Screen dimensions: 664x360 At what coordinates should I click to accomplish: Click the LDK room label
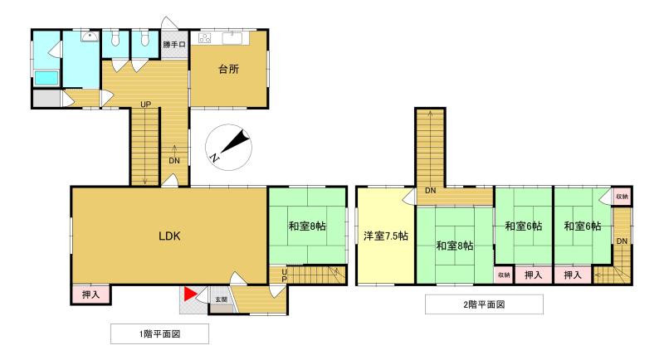[x=169, y=236]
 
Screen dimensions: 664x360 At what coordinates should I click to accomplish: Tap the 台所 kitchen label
[x=229, y=69]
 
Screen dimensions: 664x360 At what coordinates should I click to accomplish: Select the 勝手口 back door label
[x=174, y=44]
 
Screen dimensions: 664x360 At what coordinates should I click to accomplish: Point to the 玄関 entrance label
[x=221, y=299]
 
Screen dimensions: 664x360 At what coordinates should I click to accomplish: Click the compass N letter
[x=215, y=158]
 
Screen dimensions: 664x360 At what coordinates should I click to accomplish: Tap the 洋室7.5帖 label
[x=386, y=236]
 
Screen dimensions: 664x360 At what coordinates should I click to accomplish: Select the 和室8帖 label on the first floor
[x=307, y=226]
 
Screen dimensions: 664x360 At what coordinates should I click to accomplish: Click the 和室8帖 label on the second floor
[x=455, y=246]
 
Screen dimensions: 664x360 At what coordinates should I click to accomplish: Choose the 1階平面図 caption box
[x=159, y=333]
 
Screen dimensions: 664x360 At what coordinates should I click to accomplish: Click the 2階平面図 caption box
[x=484, y=304]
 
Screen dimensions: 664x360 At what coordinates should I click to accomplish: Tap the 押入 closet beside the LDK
[x=90, y=294]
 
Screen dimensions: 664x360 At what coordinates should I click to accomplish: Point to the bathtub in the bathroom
[x=46, y=78]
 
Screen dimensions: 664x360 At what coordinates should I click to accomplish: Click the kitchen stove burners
[x=205, y=38]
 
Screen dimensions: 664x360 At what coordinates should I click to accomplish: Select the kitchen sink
[x=232, y=38]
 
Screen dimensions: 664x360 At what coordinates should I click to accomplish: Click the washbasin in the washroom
[x=90, y=36]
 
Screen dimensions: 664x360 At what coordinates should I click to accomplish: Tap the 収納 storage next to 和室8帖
[x=504, y=275]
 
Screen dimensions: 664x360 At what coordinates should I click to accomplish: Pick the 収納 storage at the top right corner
[x=622, y=197]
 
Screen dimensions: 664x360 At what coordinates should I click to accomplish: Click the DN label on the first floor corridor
[x=174, y=161]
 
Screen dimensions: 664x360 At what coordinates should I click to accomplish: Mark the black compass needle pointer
[x=237, y=142]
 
